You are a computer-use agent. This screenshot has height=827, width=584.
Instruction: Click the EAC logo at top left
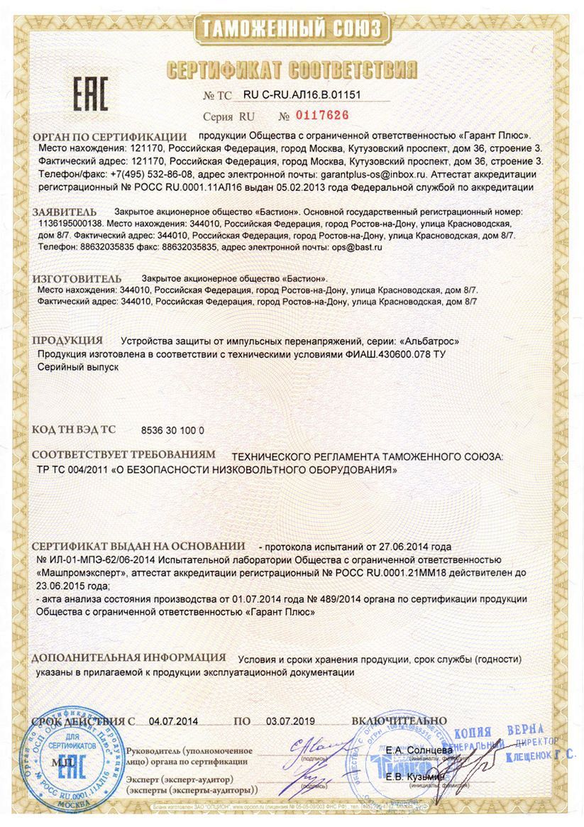(x=90, y=92)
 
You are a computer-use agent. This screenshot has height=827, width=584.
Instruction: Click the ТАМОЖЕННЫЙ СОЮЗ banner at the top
(x=292, y=29)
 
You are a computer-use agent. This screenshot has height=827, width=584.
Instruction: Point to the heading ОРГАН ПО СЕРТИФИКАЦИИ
(x=109, y=136)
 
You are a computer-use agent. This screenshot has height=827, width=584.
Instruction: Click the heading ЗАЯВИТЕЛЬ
(x=64, y=212)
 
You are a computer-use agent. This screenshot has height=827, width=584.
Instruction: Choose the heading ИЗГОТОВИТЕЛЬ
(x=77, y=278)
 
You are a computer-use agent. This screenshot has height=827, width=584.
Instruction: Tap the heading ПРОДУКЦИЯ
(x=67, y=340)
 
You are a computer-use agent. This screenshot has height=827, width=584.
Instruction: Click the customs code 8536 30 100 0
(x=172, y=430)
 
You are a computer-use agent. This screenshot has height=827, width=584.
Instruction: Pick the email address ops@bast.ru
(x=357, y=247)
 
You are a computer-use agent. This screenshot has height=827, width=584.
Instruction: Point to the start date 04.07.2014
(x=173, y=721)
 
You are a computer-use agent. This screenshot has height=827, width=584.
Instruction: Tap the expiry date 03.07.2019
(x=291, y=721)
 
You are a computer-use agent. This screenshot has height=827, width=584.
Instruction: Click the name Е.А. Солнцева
(x=419, y=750)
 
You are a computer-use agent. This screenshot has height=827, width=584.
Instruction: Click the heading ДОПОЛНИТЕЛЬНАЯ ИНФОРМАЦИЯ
(x=129, y=657)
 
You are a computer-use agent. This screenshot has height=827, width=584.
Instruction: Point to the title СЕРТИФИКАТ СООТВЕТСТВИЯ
(x=292, y=70)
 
